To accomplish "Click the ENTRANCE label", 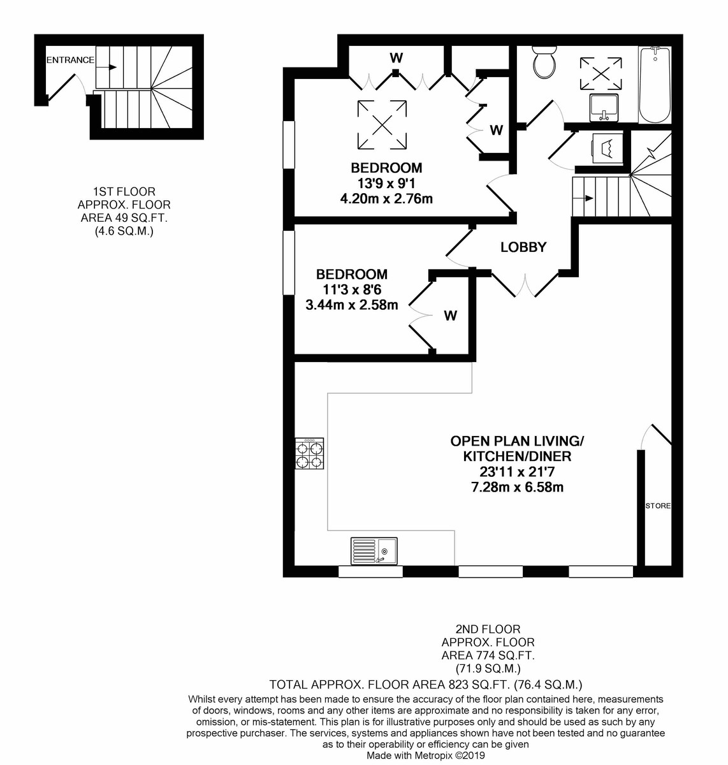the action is pos(70,60).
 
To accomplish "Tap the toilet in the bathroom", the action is pos(544,62).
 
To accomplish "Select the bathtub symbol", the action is pos(655,84).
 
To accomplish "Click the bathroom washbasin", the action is pos(604,107).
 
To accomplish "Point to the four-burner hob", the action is pos(309,453).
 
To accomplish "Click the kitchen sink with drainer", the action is pos(374,551).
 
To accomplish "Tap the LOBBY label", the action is pos(523,247).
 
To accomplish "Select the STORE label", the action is pos(658,506).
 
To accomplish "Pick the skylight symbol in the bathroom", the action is pos(601,73).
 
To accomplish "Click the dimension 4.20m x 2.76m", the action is pos(386,199).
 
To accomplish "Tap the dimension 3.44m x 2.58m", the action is pos(352,305).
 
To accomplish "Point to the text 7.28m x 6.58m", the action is pos(518,487).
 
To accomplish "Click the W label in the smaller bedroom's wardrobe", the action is pos(451,316).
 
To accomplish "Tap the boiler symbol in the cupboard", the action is pos(607,149).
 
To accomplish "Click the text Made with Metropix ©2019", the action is pos(426,755).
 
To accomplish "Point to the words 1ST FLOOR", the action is pos(124,191).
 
